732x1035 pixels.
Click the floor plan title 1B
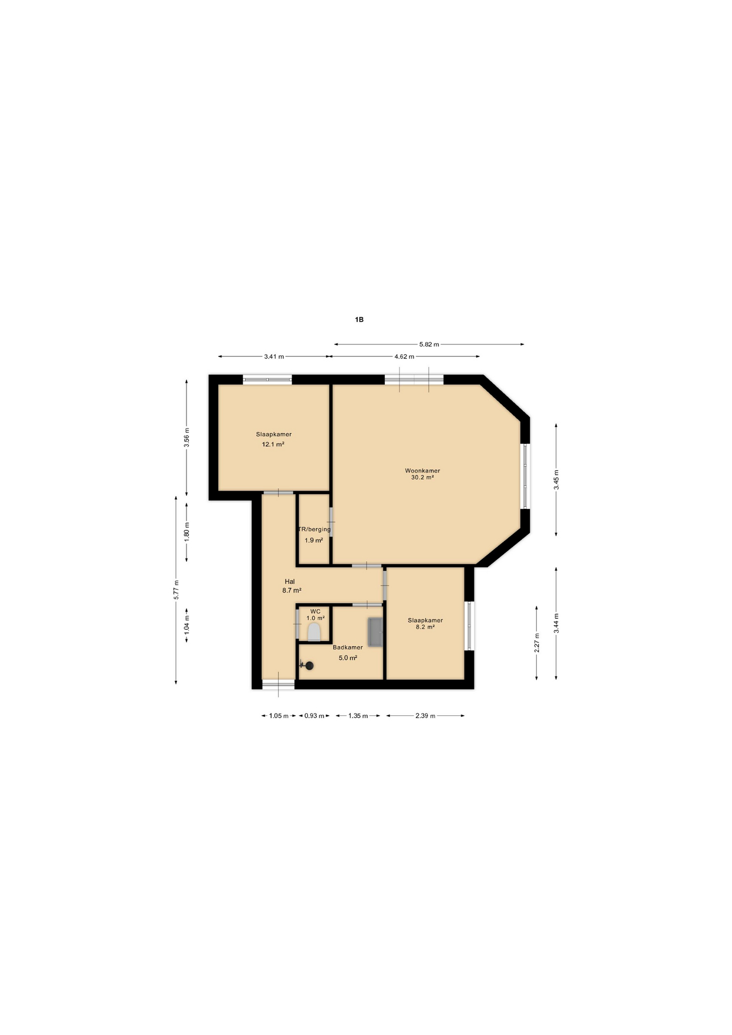(359, 320)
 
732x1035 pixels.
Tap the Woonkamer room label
(423, 471)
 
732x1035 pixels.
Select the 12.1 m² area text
(273, 444)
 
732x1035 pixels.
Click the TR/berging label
(315, 529)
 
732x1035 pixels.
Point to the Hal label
(290, 582)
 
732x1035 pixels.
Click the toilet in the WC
(314, 632)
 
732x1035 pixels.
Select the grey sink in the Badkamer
(375, 632)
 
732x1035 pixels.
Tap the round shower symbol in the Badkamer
(309, 666)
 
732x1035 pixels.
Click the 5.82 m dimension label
(429, 344)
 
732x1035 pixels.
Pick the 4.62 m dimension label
(404, 356)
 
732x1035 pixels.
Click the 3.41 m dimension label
(274, 356)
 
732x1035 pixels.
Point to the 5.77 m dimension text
(176, 590)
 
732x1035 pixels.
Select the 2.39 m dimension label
(425, 716)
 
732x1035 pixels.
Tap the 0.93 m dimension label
(314, 716)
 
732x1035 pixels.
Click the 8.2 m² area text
(425, 627)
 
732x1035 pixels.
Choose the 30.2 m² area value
(423, 477)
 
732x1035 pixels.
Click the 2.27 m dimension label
(536, 643)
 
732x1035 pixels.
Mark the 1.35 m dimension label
(358, 716)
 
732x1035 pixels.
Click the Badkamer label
(348, 647)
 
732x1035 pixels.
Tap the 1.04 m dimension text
(187, 625)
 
